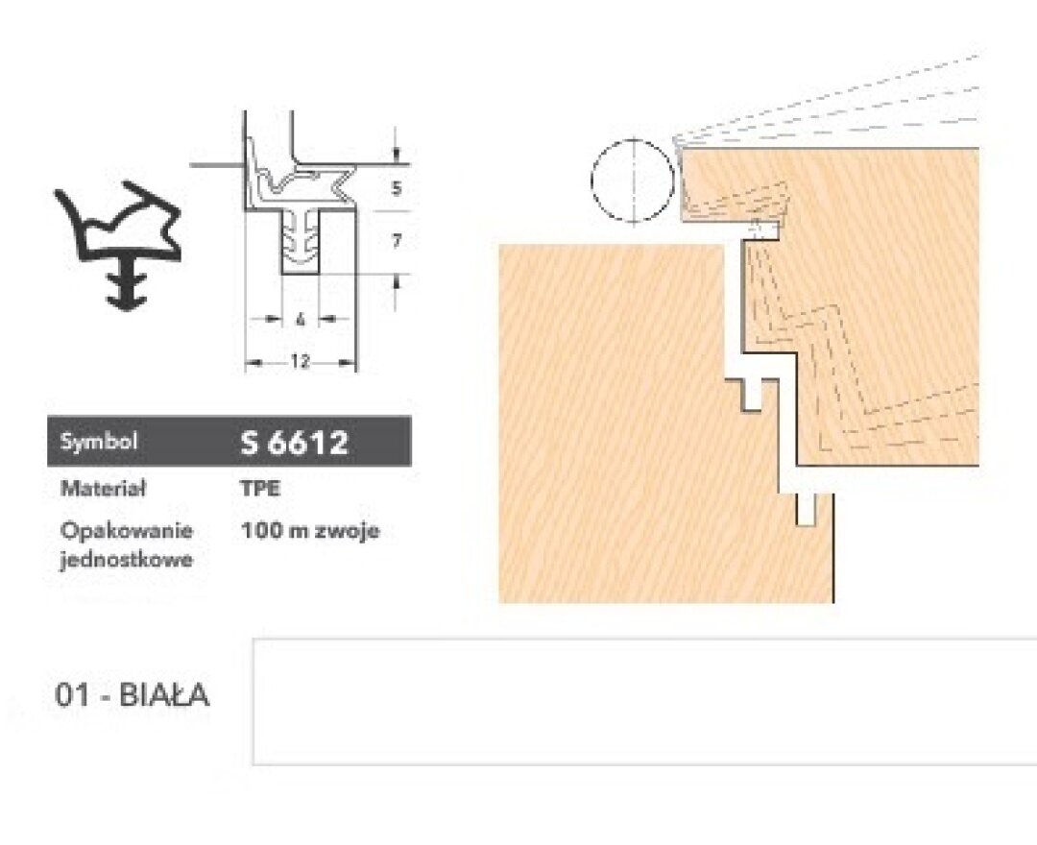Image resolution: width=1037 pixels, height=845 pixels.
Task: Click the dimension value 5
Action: pyautogui.click(x=397, y=188)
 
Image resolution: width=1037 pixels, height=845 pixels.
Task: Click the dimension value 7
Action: pyautogui.click(x=397, y=241)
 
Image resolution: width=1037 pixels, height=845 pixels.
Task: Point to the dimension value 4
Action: pyautogui.click(x=301, y=320)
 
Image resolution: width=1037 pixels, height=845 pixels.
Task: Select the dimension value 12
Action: pyautogui.click(x=301, y=362)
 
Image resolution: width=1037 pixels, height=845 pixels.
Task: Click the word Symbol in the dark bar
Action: pyautogui.click(x=99, y=441)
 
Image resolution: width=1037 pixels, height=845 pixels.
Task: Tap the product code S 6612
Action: pyautogui.click(x=294, y=442)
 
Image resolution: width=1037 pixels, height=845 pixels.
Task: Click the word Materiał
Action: pyautogui.click(x=103, y=489)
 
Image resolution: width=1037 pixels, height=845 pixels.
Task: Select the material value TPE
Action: pyautogui.click(x=260, y=489)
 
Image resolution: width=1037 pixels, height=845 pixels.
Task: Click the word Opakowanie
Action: pyautogui.click(x=127, y=530)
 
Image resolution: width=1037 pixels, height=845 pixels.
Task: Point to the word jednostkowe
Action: pyautogui.click(x=127, y=560)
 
